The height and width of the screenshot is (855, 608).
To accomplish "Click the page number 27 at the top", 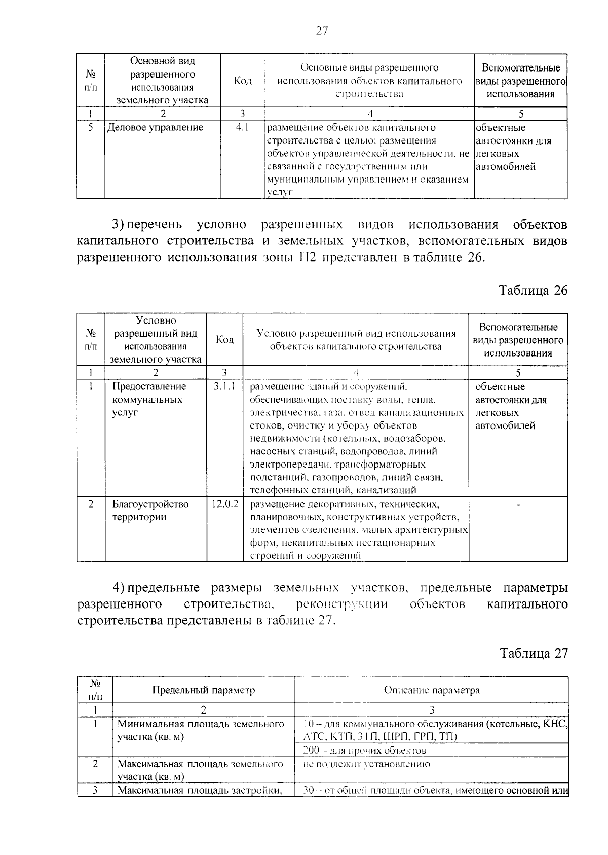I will [322, 31].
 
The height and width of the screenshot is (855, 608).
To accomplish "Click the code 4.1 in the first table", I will [242, 128].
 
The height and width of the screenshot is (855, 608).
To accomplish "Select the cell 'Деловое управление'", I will [155, 128].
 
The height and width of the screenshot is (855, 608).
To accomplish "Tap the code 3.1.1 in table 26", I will [224, 387].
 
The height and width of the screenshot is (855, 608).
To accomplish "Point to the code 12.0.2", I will [224, 504].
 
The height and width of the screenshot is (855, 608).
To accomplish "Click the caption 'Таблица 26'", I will [533, 290].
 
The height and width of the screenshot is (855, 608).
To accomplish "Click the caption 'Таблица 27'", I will [534, 653].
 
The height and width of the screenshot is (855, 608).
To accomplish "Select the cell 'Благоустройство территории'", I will [150, 511].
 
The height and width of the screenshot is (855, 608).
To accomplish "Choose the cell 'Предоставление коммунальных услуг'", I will [149, 400].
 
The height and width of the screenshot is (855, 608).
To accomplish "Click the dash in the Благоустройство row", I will [518, 505].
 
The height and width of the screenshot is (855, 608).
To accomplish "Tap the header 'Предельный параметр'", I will [204, 690].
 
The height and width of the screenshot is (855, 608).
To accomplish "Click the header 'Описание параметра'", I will [432, 690].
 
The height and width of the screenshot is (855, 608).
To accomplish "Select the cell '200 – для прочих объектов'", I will [364, 750].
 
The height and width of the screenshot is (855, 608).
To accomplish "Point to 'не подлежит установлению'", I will [367, 764].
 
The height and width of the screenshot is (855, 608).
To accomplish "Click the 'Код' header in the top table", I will [242, 81].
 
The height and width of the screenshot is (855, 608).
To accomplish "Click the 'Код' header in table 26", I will [224, 339].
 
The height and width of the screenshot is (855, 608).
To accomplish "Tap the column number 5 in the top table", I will [521, 114].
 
